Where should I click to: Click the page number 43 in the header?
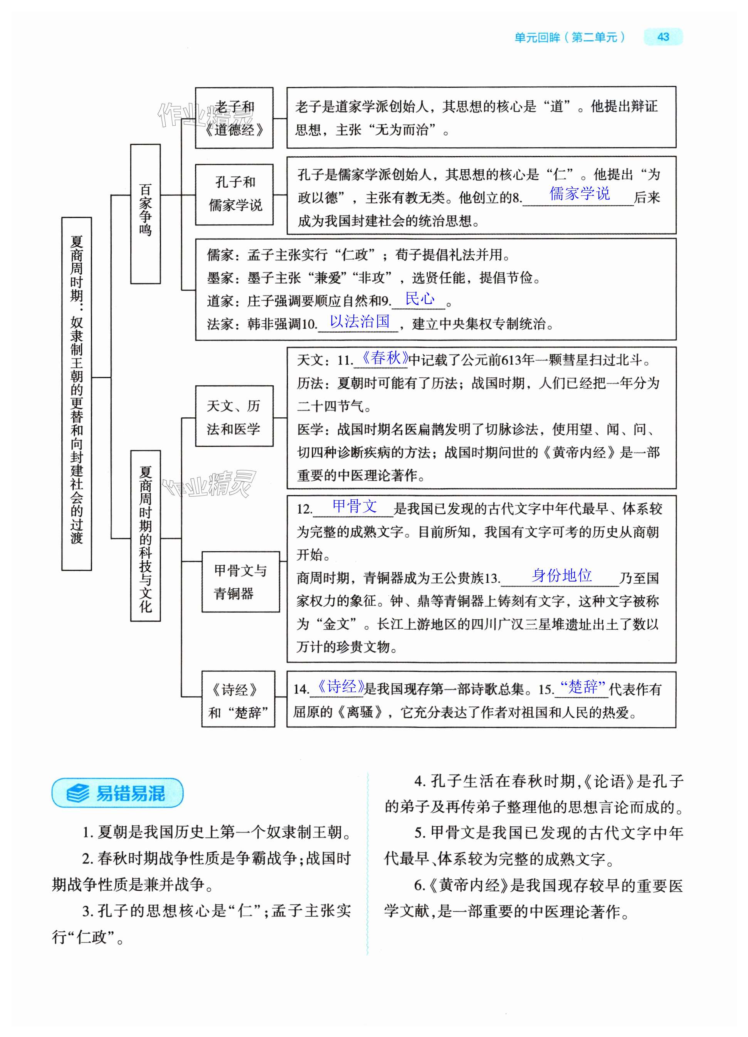coord(662,37)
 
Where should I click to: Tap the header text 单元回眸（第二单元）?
coord(570,37)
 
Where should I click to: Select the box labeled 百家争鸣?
coord(145,214)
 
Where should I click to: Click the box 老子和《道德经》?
coord(234,118)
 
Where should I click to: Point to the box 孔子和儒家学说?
coord(234,194)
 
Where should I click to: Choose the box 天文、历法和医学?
coord(234,416)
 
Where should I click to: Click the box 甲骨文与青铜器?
coord(240,582)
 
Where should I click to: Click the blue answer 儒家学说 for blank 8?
coord(579,194)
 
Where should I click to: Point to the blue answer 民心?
coord(420,299)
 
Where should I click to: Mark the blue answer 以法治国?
coord(360,321)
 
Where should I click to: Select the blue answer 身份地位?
coord(561,575)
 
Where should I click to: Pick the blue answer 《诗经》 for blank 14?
coord(341,686)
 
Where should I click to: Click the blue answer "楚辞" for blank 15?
coord(582,686)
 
